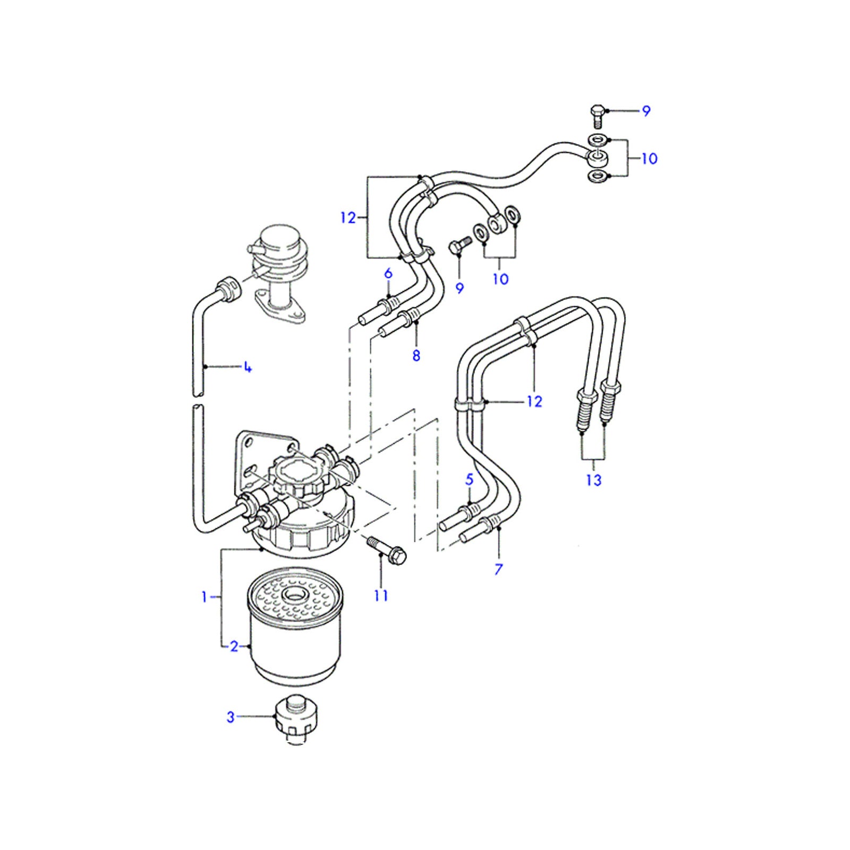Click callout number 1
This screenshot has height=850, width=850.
(x=204, y=597)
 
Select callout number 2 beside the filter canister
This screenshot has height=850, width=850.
(x=234, y=647)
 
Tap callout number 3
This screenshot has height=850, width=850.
(x=231, y=717)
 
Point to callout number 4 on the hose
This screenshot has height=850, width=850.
(x=247, y=367)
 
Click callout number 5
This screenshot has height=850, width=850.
(x=469, y=480)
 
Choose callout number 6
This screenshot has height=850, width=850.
(x=388, y=274)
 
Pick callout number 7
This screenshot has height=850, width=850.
(x=498, y=569)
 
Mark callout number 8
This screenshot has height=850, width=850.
(x=416, y=355)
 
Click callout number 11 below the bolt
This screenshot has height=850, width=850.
(x=381, y=596)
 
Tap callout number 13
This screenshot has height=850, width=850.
(x=593, y=480)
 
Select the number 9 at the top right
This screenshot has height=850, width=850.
(x=646, y=111)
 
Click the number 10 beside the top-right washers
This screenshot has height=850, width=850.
(x=649, y=158)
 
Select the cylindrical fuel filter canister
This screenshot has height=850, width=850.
(x=295, y=632)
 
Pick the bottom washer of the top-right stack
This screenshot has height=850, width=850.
(x=598, y=176)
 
